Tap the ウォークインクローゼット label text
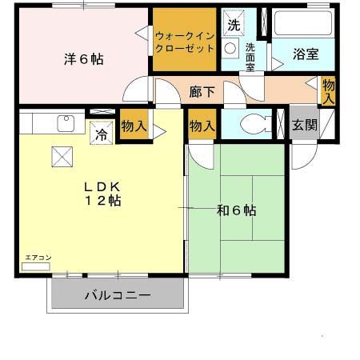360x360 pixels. click(x=185, y=42)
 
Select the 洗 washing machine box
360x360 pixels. click(x=233, y=25)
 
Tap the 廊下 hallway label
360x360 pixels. click(x=202, y=91)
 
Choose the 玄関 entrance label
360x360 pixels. click(x=305, y=125)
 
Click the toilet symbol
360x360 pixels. click(x=254, y=125)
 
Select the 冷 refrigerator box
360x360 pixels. click(x=102, y=133)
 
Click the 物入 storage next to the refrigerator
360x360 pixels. click(x=134, y=125)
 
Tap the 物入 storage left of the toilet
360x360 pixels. click(x=202, y=125)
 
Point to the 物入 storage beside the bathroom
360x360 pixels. click(x=328, y=90)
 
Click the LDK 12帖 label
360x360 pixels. click(x=102, y=193)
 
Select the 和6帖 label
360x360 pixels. click(x=236, y=210)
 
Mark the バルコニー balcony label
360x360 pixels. click(x=118, y=296)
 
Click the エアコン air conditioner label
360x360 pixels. click(x=37, y=258)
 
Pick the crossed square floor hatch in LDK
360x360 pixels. click(x=62, y=156)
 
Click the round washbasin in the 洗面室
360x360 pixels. click(x=230, y=48)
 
